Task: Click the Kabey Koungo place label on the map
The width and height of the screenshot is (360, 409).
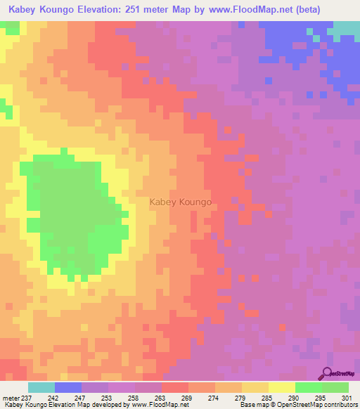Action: click(181, 202)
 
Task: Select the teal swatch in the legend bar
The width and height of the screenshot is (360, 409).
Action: click(41, 387)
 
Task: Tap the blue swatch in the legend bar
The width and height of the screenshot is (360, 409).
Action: click(68, 387)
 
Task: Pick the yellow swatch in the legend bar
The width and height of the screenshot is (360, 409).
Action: click(281, 387)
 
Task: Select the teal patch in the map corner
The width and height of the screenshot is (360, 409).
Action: click(346, 28)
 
